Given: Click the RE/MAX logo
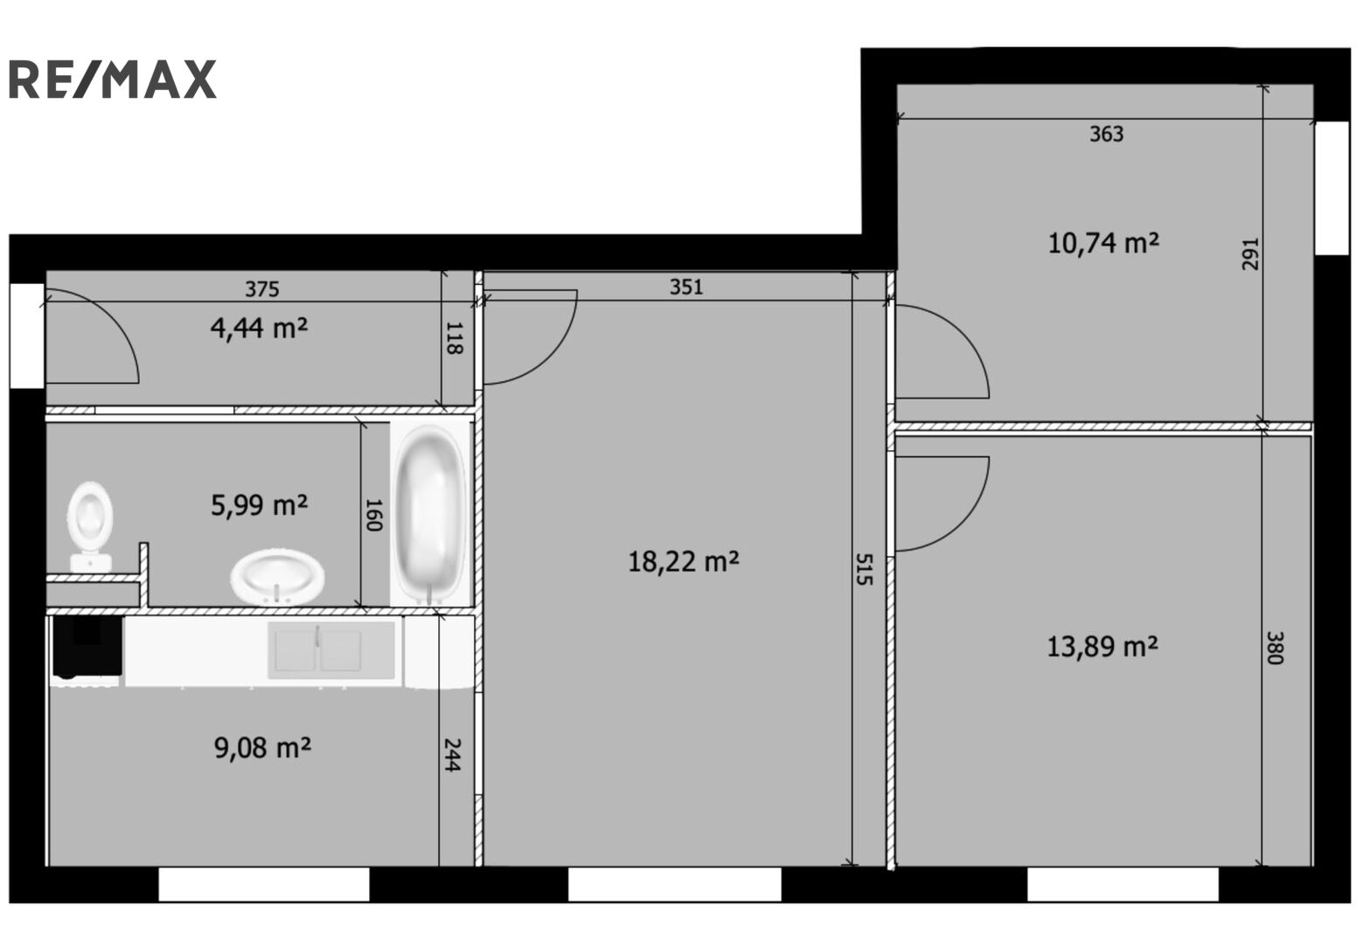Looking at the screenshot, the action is tap(113, 80).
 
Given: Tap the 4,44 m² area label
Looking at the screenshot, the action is tap(259, 329).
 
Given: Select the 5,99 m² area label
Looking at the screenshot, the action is tap(259, 505).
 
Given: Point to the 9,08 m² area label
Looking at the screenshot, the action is tap(262, 748).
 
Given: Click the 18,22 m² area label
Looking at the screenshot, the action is tap(683, 561).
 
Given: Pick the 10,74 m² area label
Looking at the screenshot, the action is tap(1103, 244).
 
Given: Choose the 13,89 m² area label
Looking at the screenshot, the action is tap(1103, 646).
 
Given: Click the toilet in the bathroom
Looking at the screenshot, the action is tap(90, 527).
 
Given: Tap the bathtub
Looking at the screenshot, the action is tap(430, 514).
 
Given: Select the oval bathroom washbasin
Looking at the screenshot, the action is tap(277, 576).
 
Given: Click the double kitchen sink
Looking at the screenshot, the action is tap(331, 649).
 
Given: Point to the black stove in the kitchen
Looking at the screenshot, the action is tap(87, 646).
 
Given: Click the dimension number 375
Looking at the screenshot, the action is tap(261, 288).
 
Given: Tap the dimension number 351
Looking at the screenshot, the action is tap(686, 287).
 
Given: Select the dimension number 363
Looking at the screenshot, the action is tap(1106, 134).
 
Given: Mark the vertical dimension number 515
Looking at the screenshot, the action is tap(864, 569).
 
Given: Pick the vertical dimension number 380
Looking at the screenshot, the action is tap(1275, 648).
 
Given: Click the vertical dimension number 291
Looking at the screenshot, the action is tap(1249, 254).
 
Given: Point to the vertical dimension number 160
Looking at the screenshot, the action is tap(372, 515).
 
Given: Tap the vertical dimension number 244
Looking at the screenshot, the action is tap(451, 754).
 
